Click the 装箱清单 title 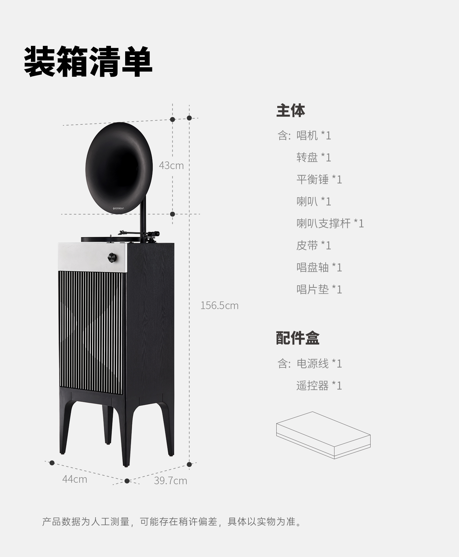pos(88,62)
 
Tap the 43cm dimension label pos(171,166)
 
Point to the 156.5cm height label pos(219,305)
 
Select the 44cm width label pos(75,479)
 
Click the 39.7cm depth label pos(170,481)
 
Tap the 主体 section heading pos(290,111)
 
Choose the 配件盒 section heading pos(297,338)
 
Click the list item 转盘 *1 pos(314,157)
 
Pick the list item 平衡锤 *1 pos(319,179)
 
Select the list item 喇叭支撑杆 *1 pos(330,223)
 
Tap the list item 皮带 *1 pos(314,245)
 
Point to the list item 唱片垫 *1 pos(319,290)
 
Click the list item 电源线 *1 pos(319,364)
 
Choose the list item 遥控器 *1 pos(319,386)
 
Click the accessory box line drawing pos(323,435)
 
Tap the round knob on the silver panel pos(113,257)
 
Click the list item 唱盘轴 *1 pos(319,267)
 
